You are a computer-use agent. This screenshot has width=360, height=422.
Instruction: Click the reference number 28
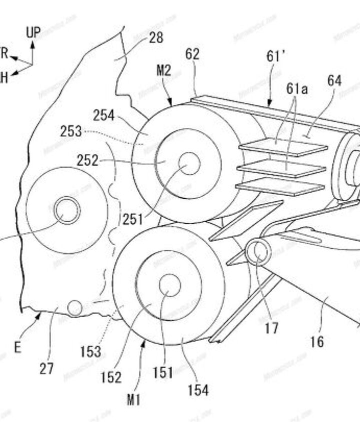pyautogui.click(x=156, y=37)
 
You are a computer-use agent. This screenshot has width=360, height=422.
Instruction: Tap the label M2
pyautogui.click(x=163, y=71)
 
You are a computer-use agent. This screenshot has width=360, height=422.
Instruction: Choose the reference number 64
pyautogui.click(x=334, y=80)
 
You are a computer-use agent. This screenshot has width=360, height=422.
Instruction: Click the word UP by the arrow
pyautogui.click(x=33, y=33)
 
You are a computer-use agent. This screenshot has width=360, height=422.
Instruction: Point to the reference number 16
pyautogui.click(x=316, y=342)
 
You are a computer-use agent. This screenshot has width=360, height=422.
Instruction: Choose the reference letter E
pyautogui.click(x=17, y=348)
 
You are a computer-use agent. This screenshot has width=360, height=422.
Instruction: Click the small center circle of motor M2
pyautogui.click(x=189, y=163)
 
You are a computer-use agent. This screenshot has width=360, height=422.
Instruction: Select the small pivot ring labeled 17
pyautogui.click(x=258, y=251)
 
